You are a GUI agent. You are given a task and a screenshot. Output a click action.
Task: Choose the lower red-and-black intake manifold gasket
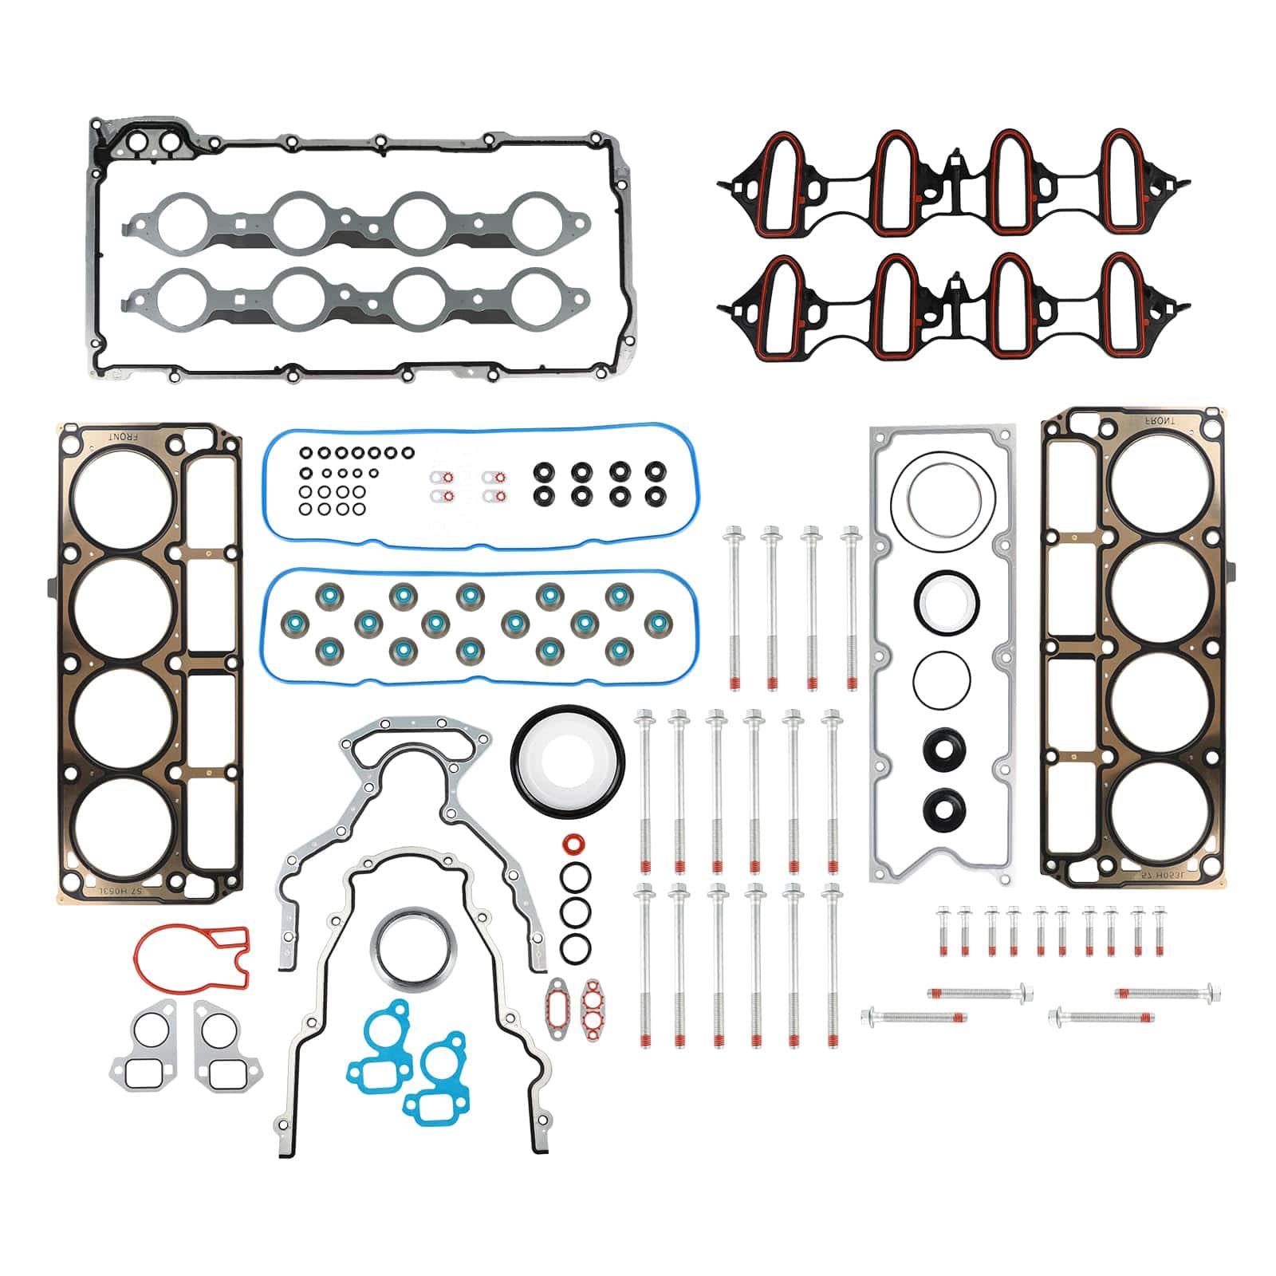coord(953,308)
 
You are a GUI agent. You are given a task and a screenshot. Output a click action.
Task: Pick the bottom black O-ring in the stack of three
coord(575,947)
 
